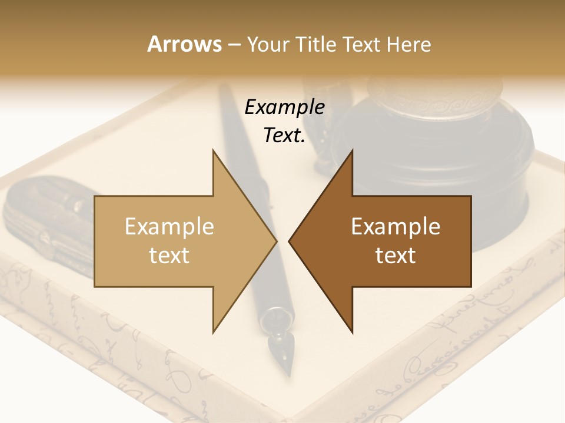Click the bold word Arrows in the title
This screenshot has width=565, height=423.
(184, 44)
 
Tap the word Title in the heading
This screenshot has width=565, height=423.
(315, 44)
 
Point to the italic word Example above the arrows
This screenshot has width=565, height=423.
(284, 108)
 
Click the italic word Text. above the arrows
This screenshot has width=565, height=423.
(284, 136)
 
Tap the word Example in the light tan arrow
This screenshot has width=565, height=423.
(169, 226)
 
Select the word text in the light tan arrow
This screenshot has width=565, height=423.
(169, 255)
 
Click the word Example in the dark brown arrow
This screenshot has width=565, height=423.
(395, 226)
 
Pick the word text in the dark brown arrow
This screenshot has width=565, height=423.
(395, 255)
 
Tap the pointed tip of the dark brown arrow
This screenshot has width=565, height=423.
(291, 241)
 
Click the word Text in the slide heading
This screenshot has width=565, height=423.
(363, 44)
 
